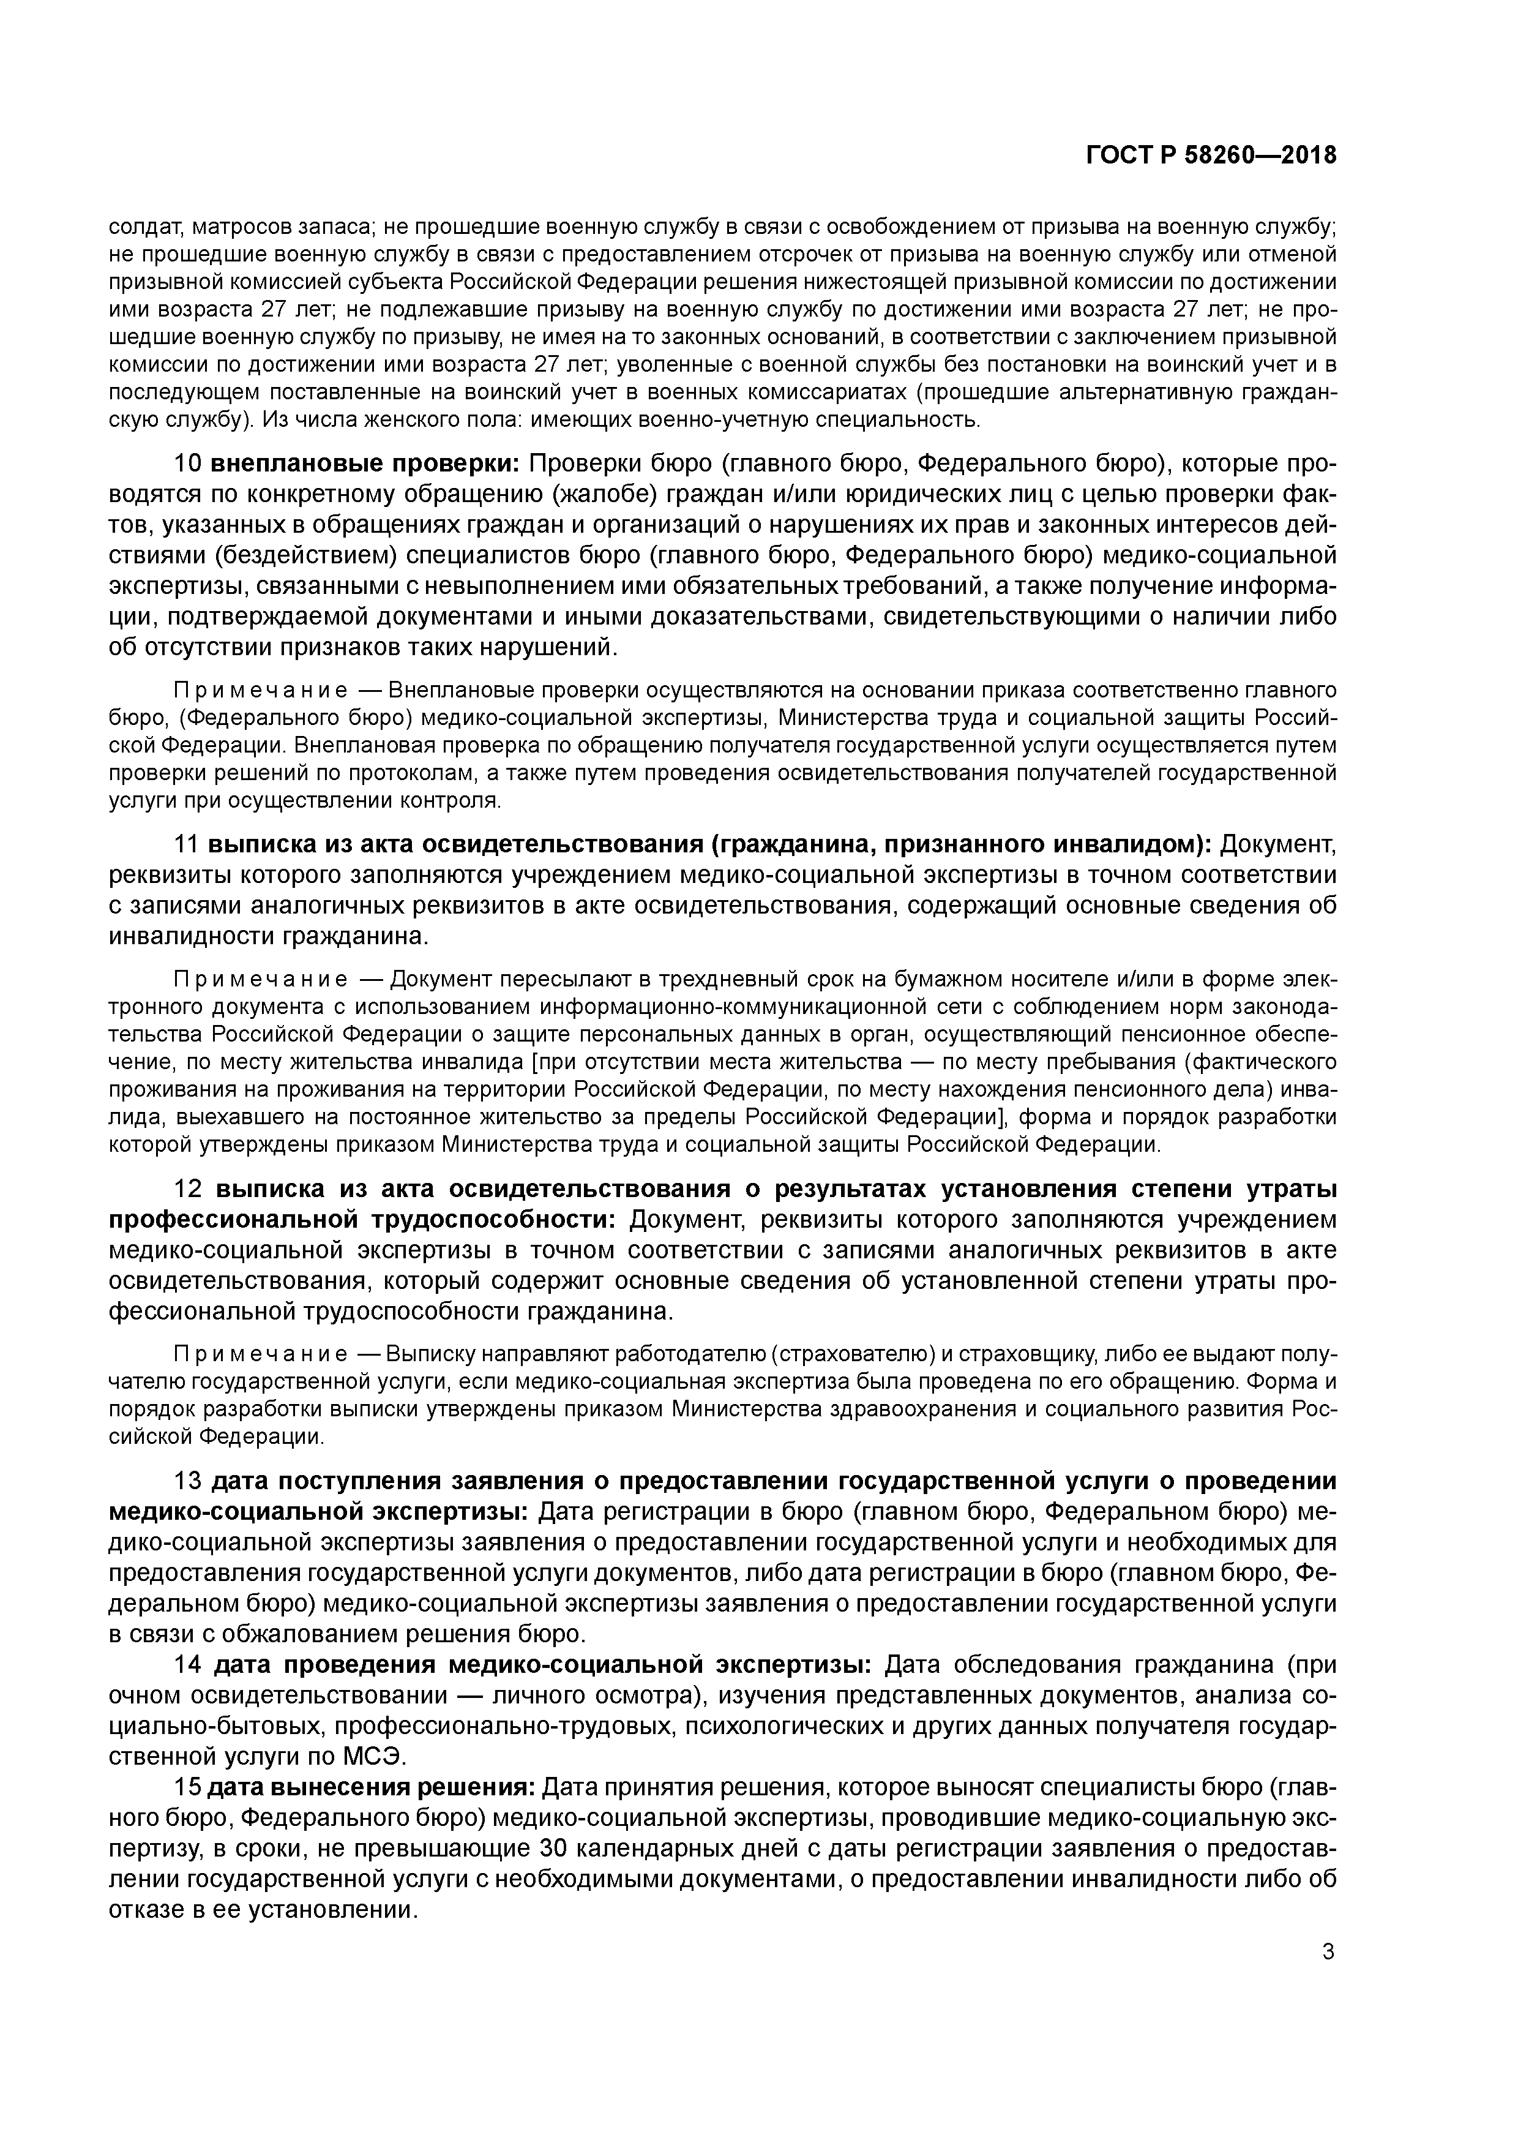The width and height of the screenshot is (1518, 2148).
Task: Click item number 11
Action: click(x=187, y=845)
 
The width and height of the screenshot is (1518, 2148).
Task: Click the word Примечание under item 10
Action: click(x=261, y=691)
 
